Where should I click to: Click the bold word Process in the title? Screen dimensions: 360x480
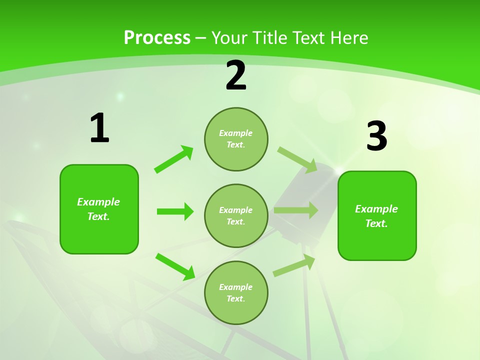(157, 37)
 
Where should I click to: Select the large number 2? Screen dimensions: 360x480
(236, 75)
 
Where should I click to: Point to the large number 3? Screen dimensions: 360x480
(376, 136)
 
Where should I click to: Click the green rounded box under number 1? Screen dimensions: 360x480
(99, 209)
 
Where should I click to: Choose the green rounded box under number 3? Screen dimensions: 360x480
(377, 215)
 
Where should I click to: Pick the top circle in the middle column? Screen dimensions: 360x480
(236, 139)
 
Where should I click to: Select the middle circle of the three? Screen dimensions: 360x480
(236, 215)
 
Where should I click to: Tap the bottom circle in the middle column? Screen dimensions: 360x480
(236, 292)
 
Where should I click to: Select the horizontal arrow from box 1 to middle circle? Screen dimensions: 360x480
(175, 211)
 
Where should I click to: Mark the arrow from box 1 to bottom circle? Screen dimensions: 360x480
(175, 266)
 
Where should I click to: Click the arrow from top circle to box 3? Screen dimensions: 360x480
(297, 159)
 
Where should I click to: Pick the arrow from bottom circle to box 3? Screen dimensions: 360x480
(294, 265)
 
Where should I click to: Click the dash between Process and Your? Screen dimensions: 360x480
(200, 38)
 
